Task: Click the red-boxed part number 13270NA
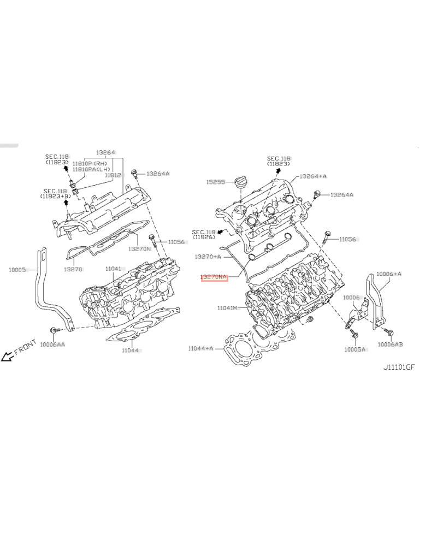click(x=214, y=277)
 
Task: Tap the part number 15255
click(x=216, y=182)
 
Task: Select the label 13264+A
click(x=312, y=176)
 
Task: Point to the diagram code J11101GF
click(x=399, y=367)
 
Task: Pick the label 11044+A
click(x=200, y=348)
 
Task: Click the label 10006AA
click(x=52, y=345)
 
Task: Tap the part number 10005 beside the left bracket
click(x=17, y=269)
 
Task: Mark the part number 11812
click(x=113, y=175)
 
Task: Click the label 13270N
click(x=140, y=248)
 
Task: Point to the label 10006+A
click(x=389, y=274)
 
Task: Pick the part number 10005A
click(x=355, y=349)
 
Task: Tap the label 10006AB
click(x=390, y=345)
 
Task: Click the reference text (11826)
click(x=204, y=236)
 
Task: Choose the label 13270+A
click(x=208, y=256)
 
